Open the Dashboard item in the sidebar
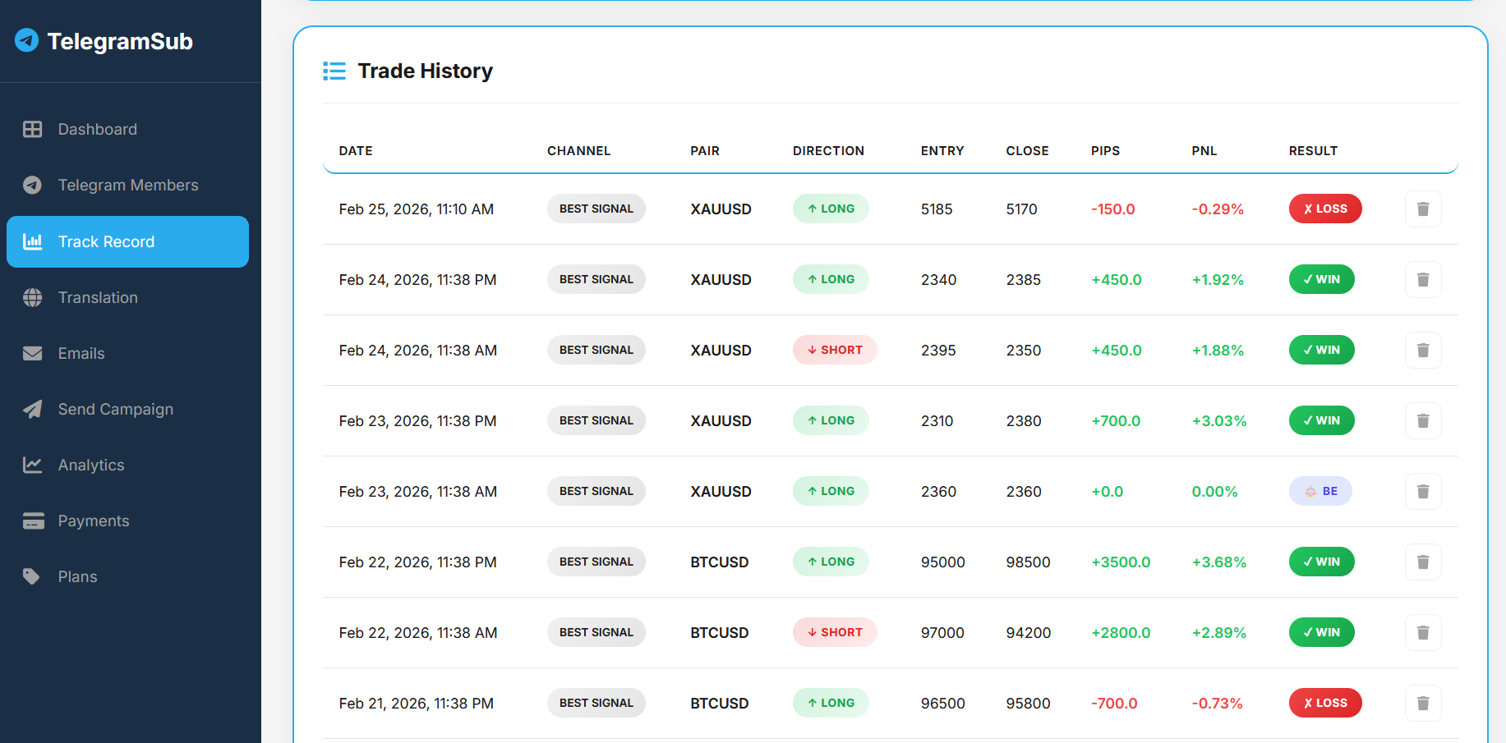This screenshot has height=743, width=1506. [x=97, y=129]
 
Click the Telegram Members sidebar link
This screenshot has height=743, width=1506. [x=127, y=185]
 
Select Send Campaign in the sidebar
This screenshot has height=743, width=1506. [x=115, y=409]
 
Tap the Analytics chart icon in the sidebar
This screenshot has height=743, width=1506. [x=32, y=465]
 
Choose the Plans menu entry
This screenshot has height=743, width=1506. [x=77, y=576]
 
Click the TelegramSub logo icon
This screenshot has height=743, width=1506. [x=27, y=40]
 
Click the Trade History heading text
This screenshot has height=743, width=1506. [x=425, y=71]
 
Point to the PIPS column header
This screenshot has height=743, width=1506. [x=1105, y=151]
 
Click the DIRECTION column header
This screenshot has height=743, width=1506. [x=828, y=151]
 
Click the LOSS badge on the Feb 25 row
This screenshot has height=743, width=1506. [x=1324, y=209]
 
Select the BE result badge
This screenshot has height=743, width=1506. [x=1319, y=491]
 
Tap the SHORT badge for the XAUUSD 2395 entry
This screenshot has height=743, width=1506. [x=834, y=350]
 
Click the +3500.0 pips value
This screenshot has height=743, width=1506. [x=1120, y=562]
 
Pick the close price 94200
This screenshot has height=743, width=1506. [x=1028, y=633]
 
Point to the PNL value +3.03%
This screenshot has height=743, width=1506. [x=1218, y=421]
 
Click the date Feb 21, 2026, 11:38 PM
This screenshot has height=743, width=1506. [x=416, y=704]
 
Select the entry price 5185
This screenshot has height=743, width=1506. [x=936, y=209]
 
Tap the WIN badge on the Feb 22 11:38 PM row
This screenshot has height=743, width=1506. [x=1321, y=562]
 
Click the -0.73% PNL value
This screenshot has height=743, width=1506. [x=1217, y=704]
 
